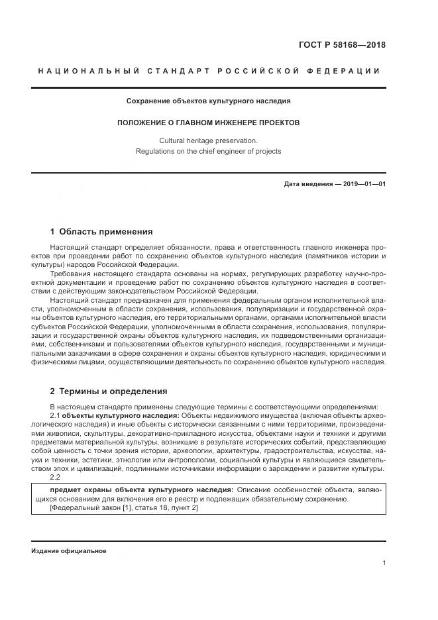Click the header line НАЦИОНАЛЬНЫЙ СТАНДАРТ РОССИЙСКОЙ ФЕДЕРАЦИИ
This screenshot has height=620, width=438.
tap(209, 71)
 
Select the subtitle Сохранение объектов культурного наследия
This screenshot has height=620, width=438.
tap(209, 101)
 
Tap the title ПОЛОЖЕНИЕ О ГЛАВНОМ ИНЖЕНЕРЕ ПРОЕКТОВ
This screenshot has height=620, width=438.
tap(209, 123)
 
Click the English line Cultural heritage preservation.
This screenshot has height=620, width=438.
tap(209, 140)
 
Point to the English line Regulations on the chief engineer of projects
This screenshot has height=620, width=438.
tap(209, 151)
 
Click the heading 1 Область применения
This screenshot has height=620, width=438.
tap(101, 232)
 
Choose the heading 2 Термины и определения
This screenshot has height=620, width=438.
tap(109, 391)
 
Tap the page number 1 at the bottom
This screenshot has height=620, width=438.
tap(384, 562)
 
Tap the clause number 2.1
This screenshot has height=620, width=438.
tap(55, 415)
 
